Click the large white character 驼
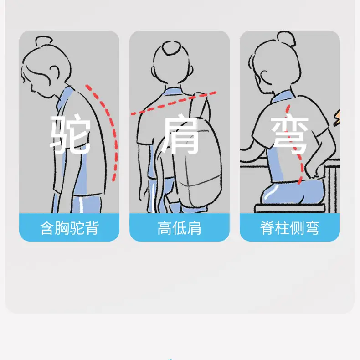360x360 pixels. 70,134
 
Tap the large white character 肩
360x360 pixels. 180,135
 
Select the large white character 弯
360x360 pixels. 290,135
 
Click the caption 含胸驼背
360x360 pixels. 69,228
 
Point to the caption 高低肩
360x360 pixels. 179,228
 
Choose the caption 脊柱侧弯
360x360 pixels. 290,228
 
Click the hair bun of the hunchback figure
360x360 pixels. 44,41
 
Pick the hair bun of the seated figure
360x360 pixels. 286,38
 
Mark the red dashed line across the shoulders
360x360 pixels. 174,103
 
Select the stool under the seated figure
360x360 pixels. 290,208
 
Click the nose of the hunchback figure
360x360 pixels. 31,87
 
